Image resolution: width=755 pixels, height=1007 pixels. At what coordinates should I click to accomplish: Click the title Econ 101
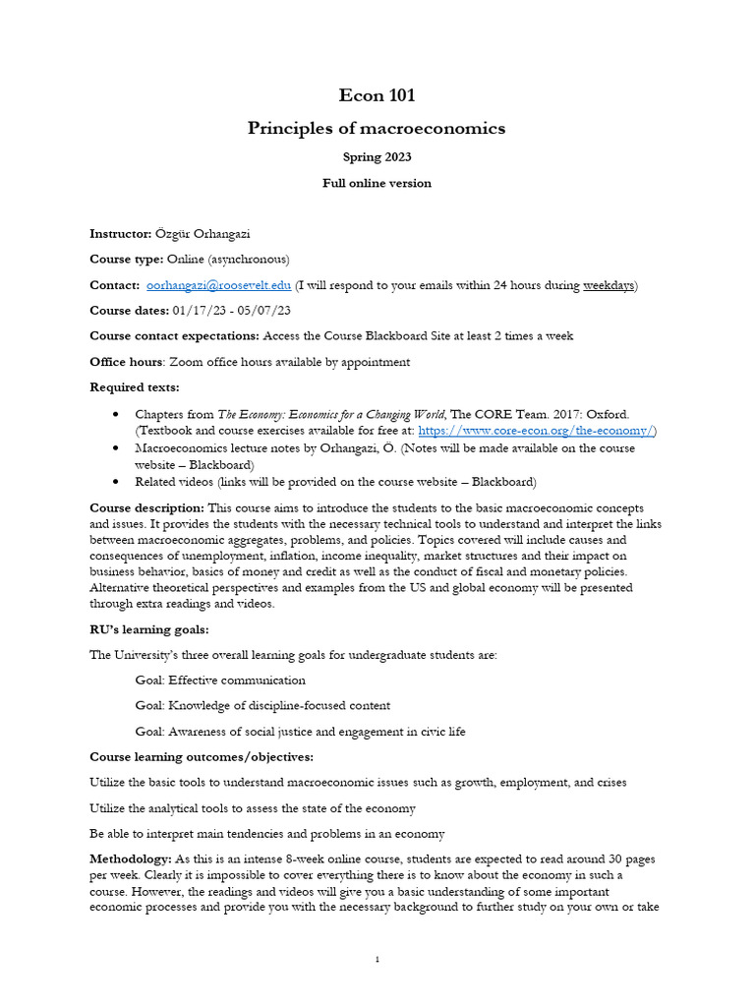coord(377,95)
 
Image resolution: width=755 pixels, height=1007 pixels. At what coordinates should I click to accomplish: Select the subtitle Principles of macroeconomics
coord(377,128)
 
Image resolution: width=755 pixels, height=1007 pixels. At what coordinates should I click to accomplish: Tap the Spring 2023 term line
coord(377,157)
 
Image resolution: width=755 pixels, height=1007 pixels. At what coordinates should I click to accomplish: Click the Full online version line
coord(377,183)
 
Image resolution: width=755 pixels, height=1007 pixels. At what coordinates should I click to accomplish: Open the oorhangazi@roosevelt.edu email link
coord(218,285)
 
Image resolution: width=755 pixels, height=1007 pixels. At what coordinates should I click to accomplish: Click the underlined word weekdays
coord(609,285)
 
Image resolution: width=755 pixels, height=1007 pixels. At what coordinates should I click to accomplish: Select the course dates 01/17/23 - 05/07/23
coord(231,311)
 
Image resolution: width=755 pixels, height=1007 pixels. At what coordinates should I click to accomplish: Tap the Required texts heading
coord(135,387)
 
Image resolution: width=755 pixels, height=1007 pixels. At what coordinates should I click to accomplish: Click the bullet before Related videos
coord(116,482)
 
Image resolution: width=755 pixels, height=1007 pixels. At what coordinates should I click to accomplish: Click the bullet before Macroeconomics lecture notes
coord(116,448)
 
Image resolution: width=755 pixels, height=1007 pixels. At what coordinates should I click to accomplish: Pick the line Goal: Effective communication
coord(220,681)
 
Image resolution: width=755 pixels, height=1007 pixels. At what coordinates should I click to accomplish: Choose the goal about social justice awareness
coord(300,732)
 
